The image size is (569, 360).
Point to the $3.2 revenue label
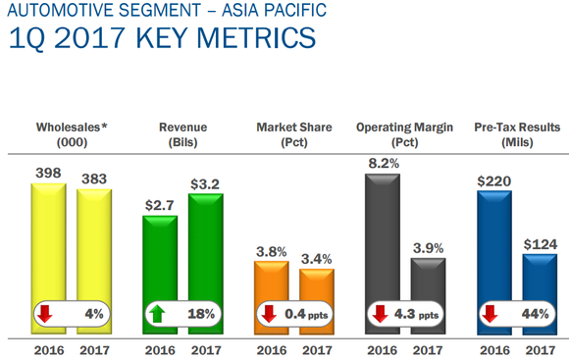205,180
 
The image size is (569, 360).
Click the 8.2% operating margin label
384,164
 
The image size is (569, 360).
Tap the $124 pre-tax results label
541,241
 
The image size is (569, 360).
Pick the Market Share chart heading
294,127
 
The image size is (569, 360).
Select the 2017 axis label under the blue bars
541,347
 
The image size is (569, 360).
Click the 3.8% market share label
272,251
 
